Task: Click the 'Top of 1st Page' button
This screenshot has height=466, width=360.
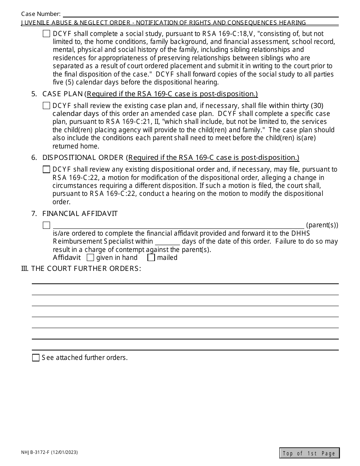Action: [x=309, y=453]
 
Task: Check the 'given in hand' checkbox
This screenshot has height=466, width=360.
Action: [x=90, y=258]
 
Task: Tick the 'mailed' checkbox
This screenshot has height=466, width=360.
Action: [x=151, y=258]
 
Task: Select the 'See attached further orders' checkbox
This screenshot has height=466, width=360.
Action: [x=36, y=358]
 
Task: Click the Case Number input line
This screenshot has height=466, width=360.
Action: [x=200, y=14]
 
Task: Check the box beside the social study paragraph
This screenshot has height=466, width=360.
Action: [x=46, y=34]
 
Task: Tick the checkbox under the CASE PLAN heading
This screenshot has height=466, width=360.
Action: [x=46, y=106]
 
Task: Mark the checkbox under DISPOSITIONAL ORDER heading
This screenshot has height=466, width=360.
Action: [x=46, y=169]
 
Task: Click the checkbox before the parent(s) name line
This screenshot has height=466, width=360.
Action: [x=46, y=225]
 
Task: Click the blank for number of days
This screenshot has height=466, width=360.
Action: [x=167, y=242]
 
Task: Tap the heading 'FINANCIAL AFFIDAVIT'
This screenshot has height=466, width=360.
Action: [x=80, y=214]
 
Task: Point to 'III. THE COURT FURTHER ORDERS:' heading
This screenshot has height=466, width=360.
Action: [x=81, y=269]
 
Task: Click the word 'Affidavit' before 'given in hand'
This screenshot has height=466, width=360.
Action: [x=67, y=258]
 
